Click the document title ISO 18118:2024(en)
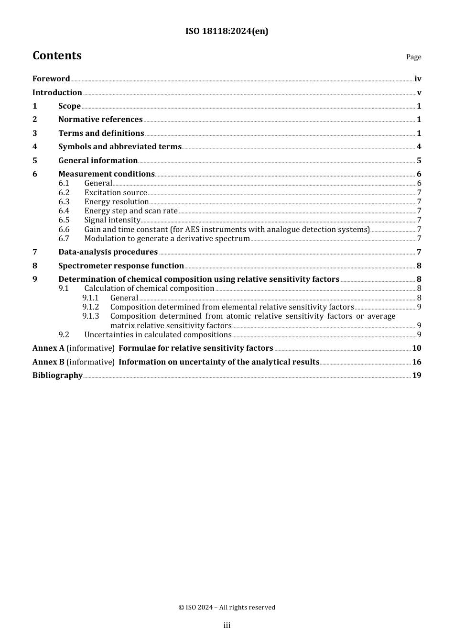coord(227,31)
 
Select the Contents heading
coord(57,55)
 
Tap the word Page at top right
coord(413,57)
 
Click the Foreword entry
coord(51,79)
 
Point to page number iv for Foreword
coord(418,79)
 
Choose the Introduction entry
coord(57,93)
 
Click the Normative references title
coord(100,120)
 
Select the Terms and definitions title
coord(101,133)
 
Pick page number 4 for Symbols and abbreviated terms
coord(419,147)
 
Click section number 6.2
coord(64,193)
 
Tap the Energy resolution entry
coord(116,202)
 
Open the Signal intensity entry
coord(112,220)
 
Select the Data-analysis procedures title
coord(108,252)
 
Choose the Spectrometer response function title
coord(121,266)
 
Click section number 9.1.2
coord(90,307)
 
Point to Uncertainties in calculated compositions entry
coord(158,335)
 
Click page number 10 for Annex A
coord(417,348)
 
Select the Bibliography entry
coord(57,376)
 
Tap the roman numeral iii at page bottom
coord(227,625)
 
